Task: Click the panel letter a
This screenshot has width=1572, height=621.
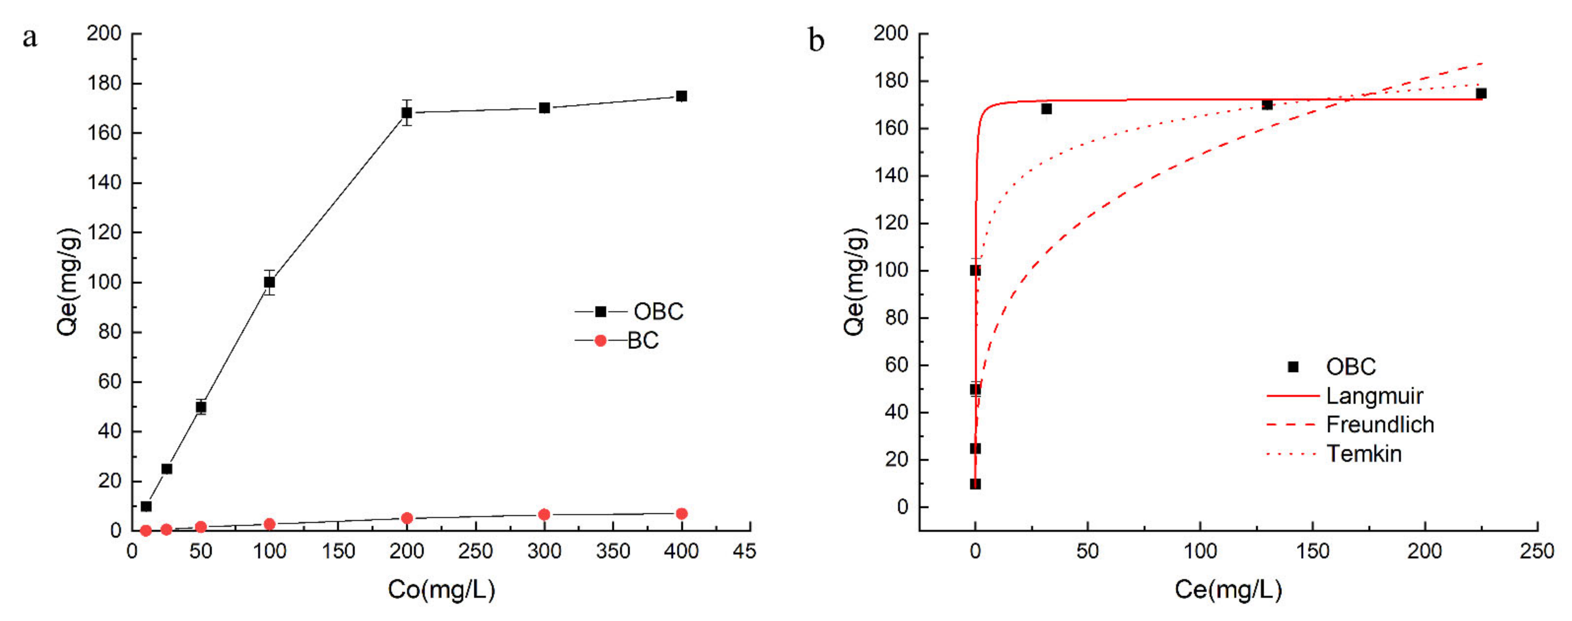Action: (29, 38)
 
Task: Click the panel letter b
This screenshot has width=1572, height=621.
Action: (816, 41)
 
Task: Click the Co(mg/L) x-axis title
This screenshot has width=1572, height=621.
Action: (441, 589)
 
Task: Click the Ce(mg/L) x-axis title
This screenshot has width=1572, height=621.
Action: (1228, 589)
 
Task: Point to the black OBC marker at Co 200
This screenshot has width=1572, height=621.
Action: (406, 113)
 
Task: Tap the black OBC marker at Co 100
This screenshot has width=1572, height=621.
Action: (269, 282)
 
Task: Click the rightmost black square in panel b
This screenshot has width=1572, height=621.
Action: (1481, 94)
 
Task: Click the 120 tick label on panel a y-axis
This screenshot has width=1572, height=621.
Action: (104, 232)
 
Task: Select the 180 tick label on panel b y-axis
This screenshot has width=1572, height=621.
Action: (891, 81)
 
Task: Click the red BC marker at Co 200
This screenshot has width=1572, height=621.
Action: (407, 518)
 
